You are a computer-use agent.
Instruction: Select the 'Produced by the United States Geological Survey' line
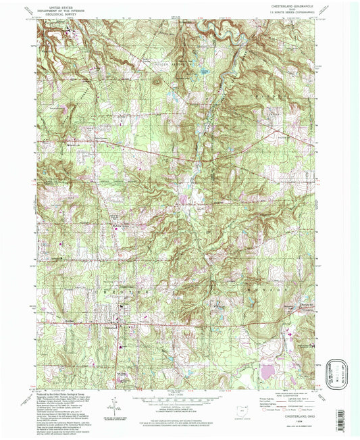coord(57,394)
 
